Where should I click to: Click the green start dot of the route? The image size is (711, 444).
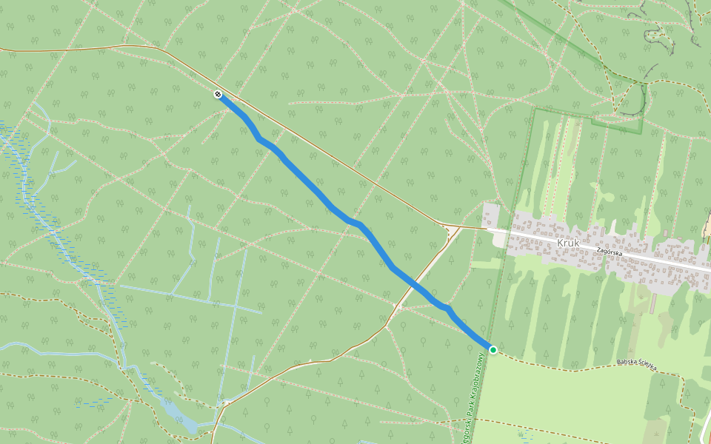[x=493, y=349]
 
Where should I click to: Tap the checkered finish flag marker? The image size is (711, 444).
[x=218, y=94]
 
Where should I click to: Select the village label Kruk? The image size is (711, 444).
[x=567, y=242]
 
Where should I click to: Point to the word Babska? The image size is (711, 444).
[x=627, y=363]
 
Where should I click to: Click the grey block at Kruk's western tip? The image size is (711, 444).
[x=490, y=215]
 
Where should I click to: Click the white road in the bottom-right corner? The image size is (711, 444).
[x=704, y=429]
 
